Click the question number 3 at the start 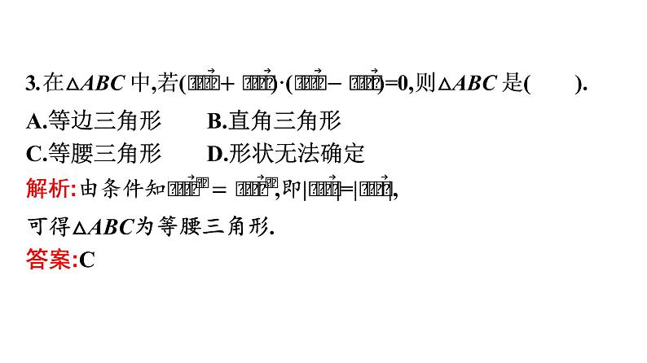tap(31, 84)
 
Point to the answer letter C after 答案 tap(88, 260)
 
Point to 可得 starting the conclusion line tap(48, 227)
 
